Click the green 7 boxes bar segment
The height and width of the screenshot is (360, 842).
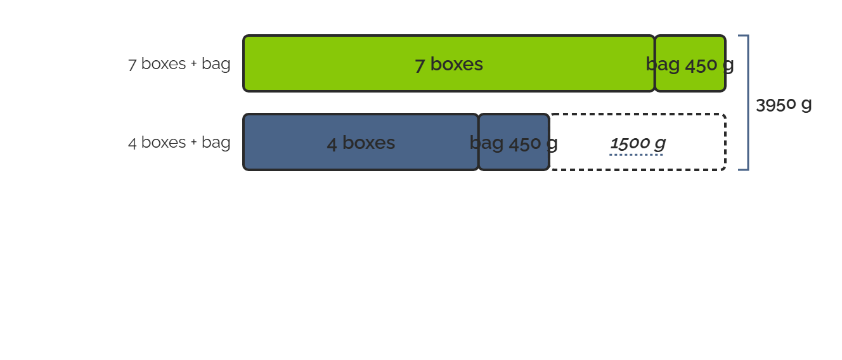(449, 63)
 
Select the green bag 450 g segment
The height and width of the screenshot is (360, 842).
(690, 63)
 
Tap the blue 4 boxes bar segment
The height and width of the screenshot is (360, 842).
(361, 142)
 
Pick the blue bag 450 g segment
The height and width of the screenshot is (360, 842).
(514, 142)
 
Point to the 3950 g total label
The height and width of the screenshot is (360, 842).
(784, 105)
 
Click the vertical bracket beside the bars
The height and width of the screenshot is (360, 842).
(748, 103)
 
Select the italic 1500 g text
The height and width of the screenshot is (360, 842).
(638, 143)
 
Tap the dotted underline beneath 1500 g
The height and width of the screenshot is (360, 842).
(636, 155)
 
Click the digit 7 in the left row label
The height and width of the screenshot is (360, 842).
(132, 65)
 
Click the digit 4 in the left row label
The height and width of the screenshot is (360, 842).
(133, 143)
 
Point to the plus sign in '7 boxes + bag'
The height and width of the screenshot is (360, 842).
(193, 63)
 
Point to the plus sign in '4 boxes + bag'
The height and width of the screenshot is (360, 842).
(193, 142)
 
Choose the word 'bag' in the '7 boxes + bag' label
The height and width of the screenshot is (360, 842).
(216, 64)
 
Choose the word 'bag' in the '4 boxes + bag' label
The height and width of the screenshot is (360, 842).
(216, 143)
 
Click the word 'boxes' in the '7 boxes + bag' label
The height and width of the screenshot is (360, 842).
(164, 63)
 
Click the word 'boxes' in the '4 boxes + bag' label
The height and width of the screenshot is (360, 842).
(164, 142)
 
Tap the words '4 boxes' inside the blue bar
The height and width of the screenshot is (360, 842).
(361, 143)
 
